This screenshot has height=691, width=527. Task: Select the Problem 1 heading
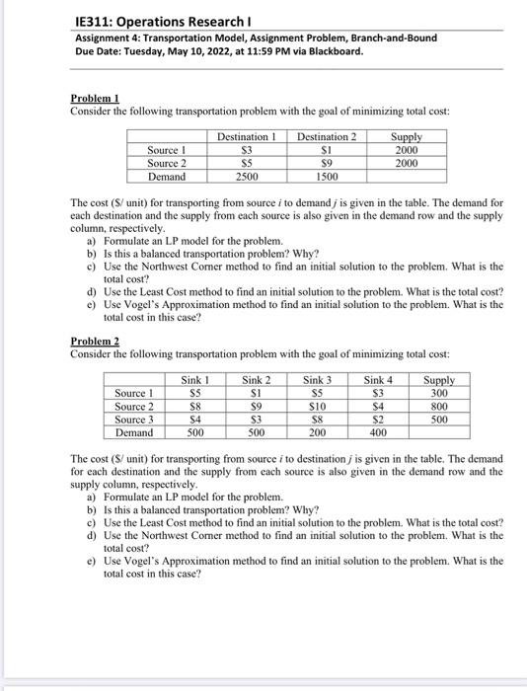click(95, 100)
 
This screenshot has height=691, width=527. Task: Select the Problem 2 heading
click(95, 342)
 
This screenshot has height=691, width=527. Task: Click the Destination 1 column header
click(245, 136)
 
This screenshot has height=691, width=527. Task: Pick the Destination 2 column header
click(327, 136)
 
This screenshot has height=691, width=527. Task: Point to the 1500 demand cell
click(327, 176)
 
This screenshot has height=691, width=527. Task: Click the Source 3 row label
click(134, 420)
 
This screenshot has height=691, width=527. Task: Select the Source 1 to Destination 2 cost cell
click(327, 149)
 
